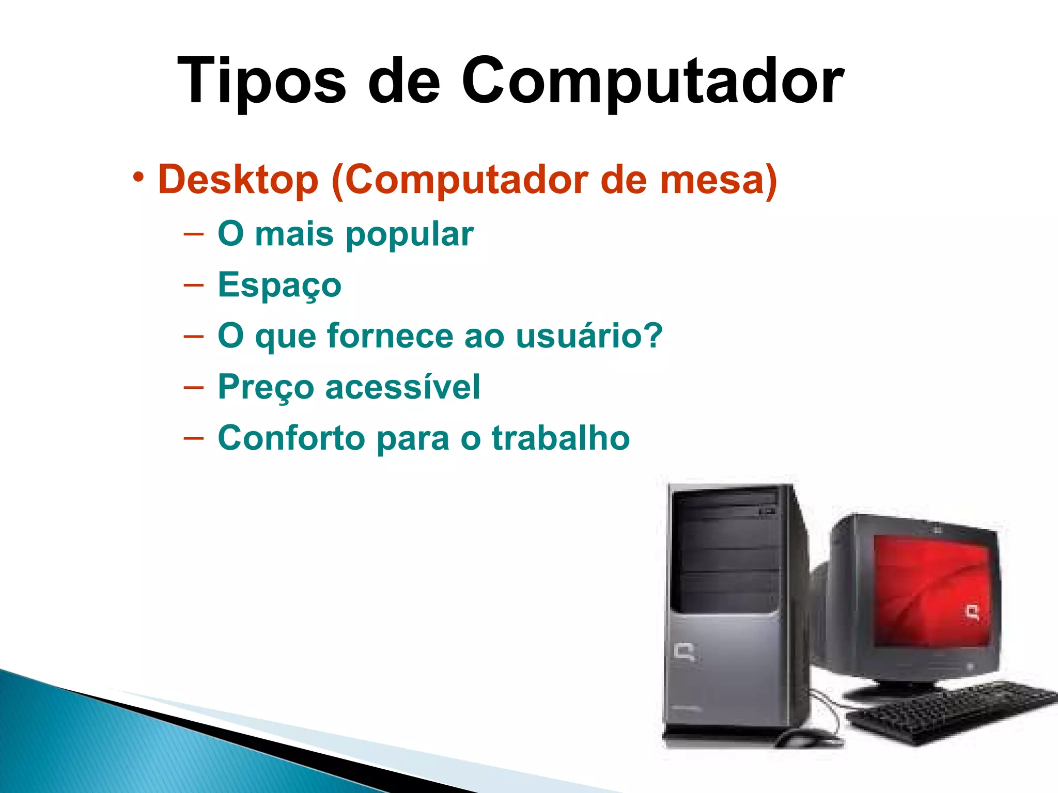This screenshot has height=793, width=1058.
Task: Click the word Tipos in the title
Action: click(261, 82)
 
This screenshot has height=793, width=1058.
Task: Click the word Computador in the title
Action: click(652, 82)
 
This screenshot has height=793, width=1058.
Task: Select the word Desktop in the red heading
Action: click(238, 179)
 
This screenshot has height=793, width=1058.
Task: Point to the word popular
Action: click(409, 234)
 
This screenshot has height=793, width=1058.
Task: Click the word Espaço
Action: click(279, 285)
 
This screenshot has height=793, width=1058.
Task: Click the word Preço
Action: click(266, 387)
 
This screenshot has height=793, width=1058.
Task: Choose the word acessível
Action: click(402, 387)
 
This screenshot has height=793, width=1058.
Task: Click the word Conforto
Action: click(291, 438)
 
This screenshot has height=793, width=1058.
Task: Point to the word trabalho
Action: click(561, 438)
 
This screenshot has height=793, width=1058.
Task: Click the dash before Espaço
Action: click(194, 285)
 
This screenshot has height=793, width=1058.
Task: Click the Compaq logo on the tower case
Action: click(685, 652)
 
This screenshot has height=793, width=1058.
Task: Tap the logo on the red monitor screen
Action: click(973, 613)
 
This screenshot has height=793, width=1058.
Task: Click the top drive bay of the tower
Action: click(726, 498)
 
